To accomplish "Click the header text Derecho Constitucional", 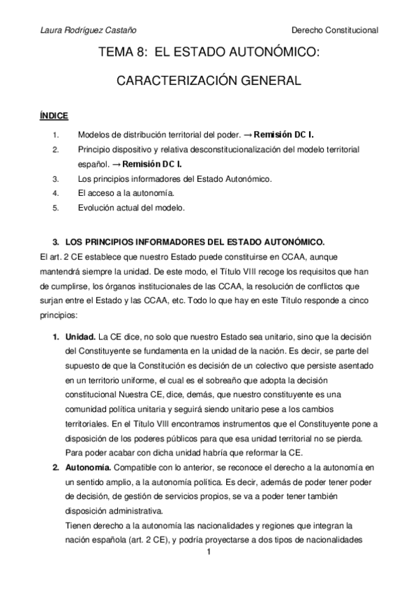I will click(334, 30).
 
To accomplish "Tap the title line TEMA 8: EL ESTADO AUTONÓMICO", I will click(209, 52).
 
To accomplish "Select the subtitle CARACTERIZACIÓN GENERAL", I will click(209, 81).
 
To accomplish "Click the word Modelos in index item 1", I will click(95, 134).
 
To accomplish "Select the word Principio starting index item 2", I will click(96, 148).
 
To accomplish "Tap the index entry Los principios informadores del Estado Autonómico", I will click(174, 178).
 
